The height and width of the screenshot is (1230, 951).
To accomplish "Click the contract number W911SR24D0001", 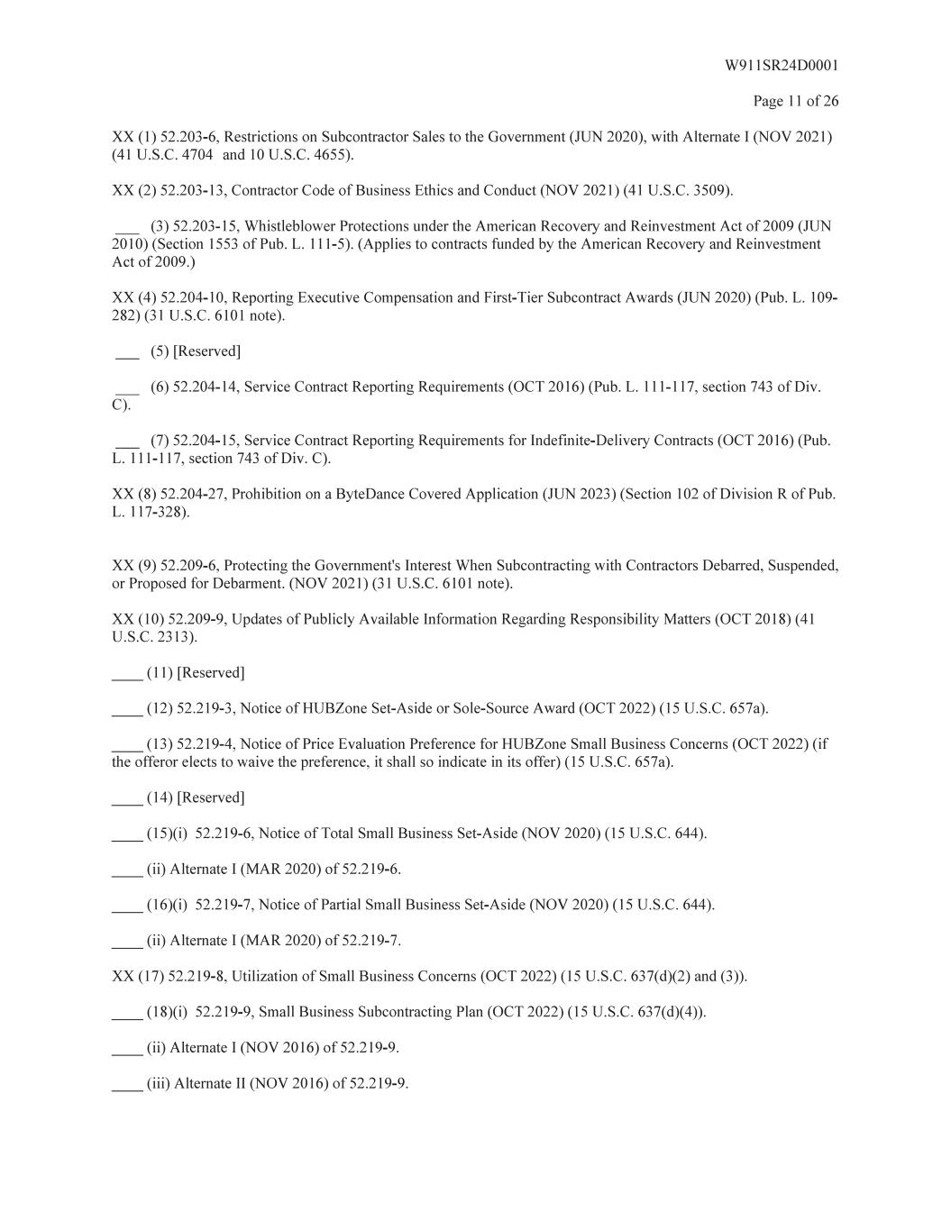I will coord(782,66).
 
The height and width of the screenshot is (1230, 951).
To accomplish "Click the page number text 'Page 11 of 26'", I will coord(795,101).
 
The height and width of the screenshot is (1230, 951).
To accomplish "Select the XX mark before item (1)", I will coord(123,137).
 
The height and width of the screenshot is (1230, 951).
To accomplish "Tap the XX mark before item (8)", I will coord(123,494).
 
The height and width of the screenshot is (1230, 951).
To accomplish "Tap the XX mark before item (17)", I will coord(123,976).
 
